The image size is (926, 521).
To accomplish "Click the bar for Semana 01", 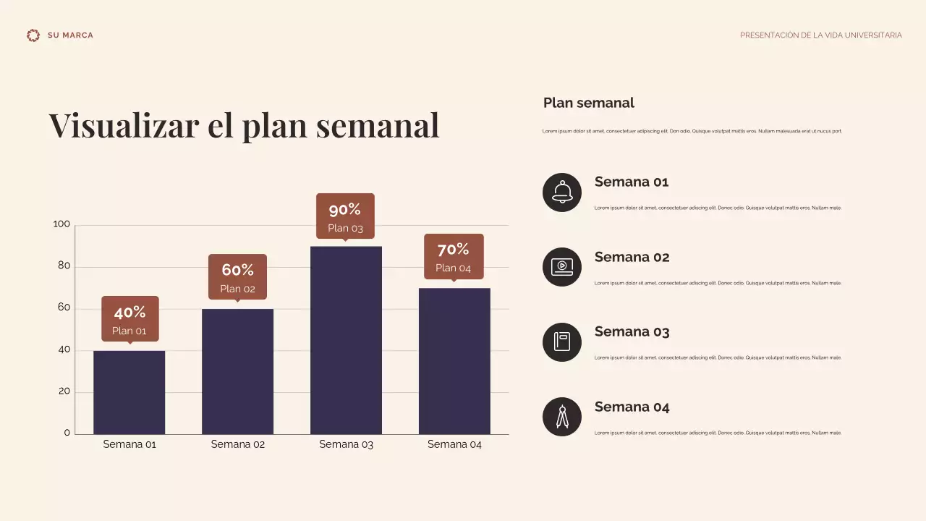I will tap(129, 392).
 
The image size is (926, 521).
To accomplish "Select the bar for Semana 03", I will tap(346, 340).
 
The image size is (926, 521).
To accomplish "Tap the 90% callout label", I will tap(345, 216).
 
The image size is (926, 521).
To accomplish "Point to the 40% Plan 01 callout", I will tap(129, 318).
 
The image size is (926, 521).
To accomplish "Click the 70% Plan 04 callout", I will tap(454, 256).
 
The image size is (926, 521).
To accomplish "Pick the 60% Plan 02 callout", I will tap(237, 276).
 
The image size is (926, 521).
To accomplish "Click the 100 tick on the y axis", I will tap(62, 224).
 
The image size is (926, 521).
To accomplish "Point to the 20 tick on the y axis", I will tap(64, 391).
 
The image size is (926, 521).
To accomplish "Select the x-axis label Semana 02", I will tap(238, 444).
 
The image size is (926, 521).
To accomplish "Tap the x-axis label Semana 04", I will tap(454, 444).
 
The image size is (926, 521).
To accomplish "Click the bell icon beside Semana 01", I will tap(562, 192).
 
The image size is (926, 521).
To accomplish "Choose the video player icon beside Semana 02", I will tap(562, 267).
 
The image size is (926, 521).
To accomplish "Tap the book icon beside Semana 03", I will tap(562, 342).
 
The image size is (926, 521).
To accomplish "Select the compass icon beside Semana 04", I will tap(562, 417).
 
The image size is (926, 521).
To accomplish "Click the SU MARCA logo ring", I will tap(33, 35).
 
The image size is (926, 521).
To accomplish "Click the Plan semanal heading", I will tap(588, 103).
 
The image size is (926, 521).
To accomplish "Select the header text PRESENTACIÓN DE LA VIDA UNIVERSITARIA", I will tap(820, 35).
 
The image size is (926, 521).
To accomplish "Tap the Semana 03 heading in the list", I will tap(632, 332).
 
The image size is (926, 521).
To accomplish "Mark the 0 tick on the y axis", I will tap(67, 433).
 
